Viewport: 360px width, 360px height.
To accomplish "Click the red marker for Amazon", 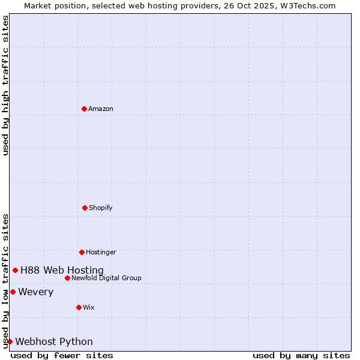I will click(x=85, y=109).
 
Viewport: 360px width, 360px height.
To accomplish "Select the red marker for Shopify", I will click(x=85, y=208).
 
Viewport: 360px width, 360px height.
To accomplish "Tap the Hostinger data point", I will click(x=82, y=252).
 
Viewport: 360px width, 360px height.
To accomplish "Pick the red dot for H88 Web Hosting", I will click(x=15, y=270).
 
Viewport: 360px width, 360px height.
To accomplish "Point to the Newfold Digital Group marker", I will click(x=67, y=278).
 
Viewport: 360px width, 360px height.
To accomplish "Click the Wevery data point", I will click(x=13, y=292).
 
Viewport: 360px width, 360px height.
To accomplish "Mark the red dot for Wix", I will click(x=79, y=307).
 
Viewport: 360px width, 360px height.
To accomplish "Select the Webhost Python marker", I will click(x=10, y=341).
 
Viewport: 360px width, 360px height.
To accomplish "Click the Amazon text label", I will click(x=101, y=109).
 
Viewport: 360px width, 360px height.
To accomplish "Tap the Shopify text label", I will click(x=101, y=208).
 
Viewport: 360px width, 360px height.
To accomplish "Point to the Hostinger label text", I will click(x=101, y=252).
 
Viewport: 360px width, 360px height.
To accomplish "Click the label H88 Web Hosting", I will click(x=62, y=270).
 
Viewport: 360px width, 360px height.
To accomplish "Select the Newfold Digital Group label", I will click(x=106, y=278).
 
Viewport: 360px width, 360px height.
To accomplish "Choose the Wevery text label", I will click(x=36, y=292).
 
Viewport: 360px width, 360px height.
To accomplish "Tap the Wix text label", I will click(x=89, y=307).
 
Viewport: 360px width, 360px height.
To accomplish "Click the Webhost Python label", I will click(x=54, y=341).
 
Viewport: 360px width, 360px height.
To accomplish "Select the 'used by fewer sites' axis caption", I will click(x=62, y=355).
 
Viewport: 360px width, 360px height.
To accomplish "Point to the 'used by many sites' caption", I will click(x=301, y=355).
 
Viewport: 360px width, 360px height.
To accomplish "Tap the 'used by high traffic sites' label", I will click(x=5, y=85).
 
